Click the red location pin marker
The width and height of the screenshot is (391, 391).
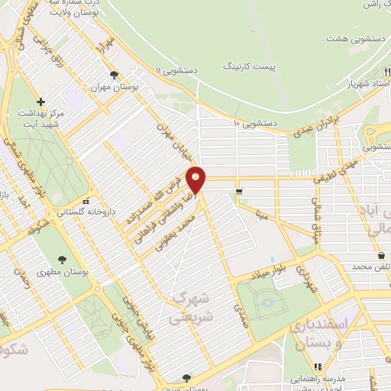[x=197, y=179]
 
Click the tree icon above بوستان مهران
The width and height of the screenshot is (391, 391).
[x=114, y=75]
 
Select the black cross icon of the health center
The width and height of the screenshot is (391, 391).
[x=41, y=102]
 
